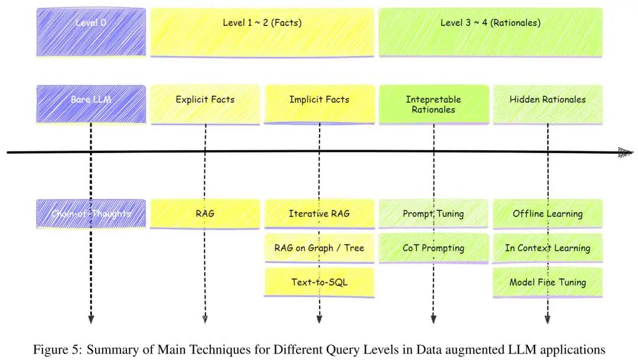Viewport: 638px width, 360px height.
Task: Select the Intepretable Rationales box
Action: pos(434,104)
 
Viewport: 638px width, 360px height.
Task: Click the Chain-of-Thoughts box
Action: pos(91,213)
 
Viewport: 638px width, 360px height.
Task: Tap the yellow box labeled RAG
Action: pos(205,213)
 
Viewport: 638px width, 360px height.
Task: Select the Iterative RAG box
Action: pos(319,213)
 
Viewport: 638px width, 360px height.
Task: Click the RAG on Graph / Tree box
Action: pos(319,248)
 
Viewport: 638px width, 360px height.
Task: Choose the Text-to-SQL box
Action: pos(319,282)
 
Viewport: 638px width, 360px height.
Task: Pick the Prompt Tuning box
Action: pos(434,213)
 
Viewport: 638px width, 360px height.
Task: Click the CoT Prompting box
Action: pos(434,248)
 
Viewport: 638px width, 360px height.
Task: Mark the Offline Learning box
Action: pos(548,213)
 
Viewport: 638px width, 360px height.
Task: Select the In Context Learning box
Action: pos(548,248)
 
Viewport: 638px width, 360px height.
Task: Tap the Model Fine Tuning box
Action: pos(548,282)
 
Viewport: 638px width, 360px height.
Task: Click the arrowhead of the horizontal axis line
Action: pos(626,153)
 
